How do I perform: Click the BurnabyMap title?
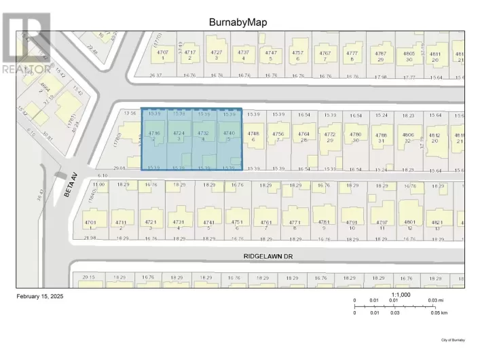click(238, 22)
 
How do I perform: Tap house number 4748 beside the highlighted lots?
click(253, 134)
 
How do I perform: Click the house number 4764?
click(303, 134)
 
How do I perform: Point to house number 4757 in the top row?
click(297, 52)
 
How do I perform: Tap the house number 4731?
click(179, 222)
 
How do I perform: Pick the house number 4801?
click(410, 222)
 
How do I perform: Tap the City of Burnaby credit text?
click(453, 339)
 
